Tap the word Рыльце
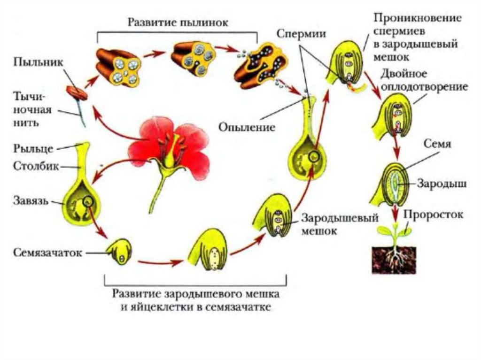31,149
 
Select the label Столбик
34,166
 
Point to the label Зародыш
441,184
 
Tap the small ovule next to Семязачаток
118,253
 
